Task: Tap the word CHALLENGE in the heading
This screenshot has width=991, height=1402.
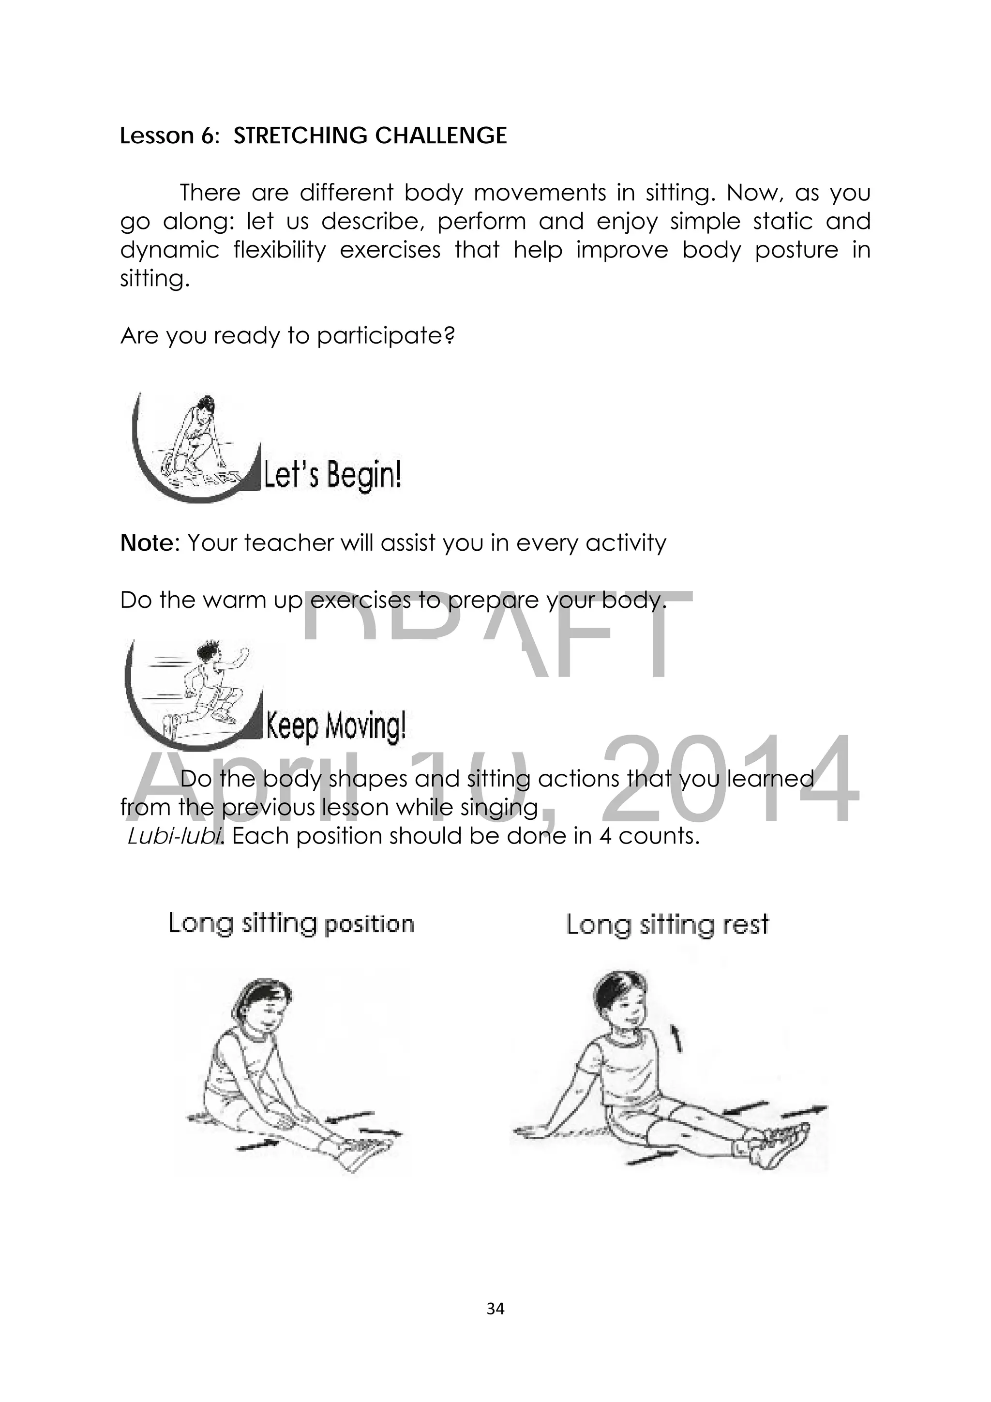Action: (x=440, y=136)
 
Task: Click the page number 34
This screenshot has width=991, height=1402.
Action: (x=495, y=1308)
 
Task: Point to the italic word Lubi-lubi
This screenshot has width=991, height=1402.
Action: (x=173, y=835)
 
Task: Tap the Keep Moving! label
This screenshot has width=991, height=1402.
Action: (x=336, y=726)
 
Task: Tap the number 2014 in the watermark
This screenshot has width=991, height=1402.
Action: (x=733, y=779)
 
